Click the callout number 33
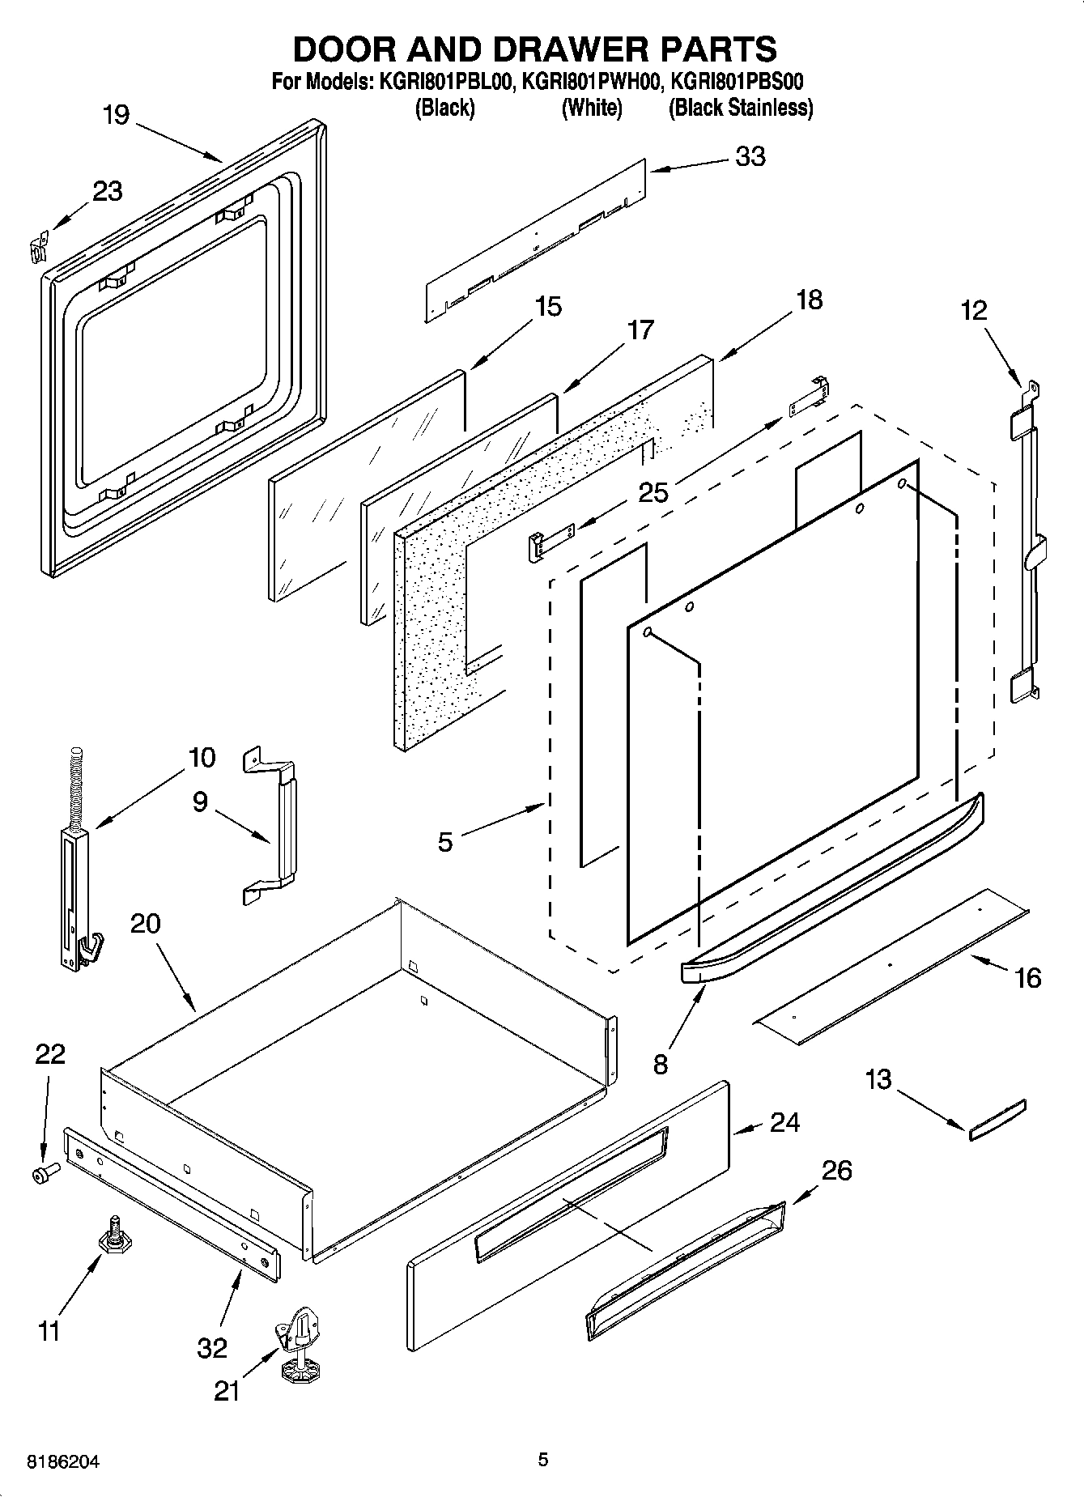coord(750,156)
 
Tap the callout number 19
coord(116,115)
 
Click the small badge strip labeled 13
coord(997,1120)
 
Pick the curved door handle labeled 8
coord(834,891)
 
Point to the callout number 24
coord(784,1123)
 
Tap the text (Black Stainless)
coord(740,108)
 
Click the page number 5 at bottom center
coord(543,1460)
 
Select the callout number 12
coord(974,310)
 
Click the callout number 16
coord(1027,978)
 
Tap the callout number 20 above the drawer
coord(145,923)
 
